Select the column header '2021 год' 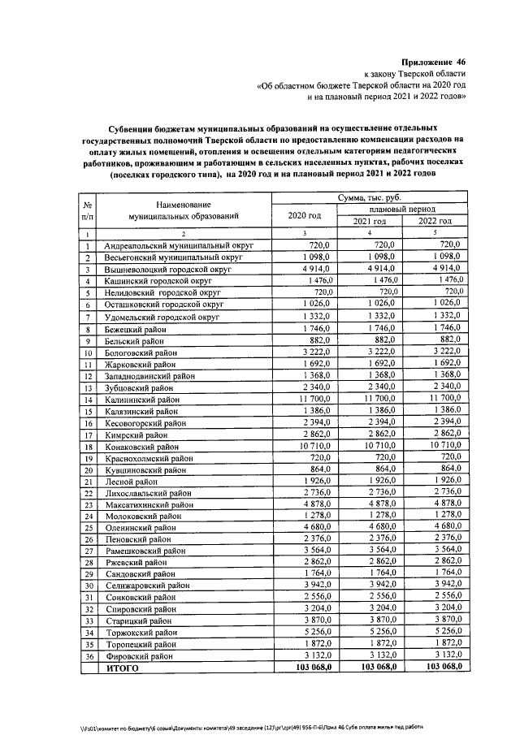click(370, 221)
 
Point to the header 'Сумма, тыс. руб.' click(370, 197)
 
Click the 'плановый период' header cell click(402, 209)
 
